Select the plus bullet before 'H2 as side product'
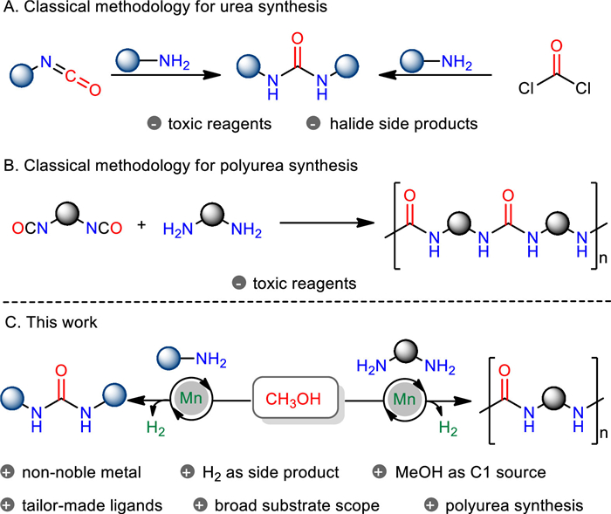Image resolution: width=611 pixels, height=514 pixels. click(186, 474)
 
